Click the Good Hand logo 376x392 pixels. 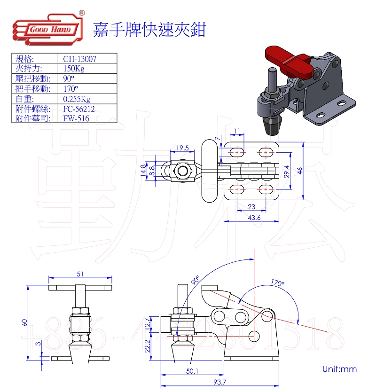click(47, 30)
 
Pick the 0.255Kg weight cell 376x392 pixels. click(77, 99)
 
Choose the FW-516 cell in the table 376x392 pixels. click(76, 118)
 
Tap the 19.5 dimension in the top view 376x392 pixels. click(182, 148)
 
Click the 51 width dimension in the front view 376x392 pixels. click(80, 274)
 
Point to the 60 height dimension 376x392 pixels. click(24, 322)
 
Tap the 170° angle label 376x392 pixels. click(278, 283)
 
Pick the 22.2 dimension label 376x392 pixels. click(148, 347)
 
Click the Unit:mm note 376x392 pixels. click(339, 369)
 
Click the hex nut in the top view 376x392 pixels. click(182, 170)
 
